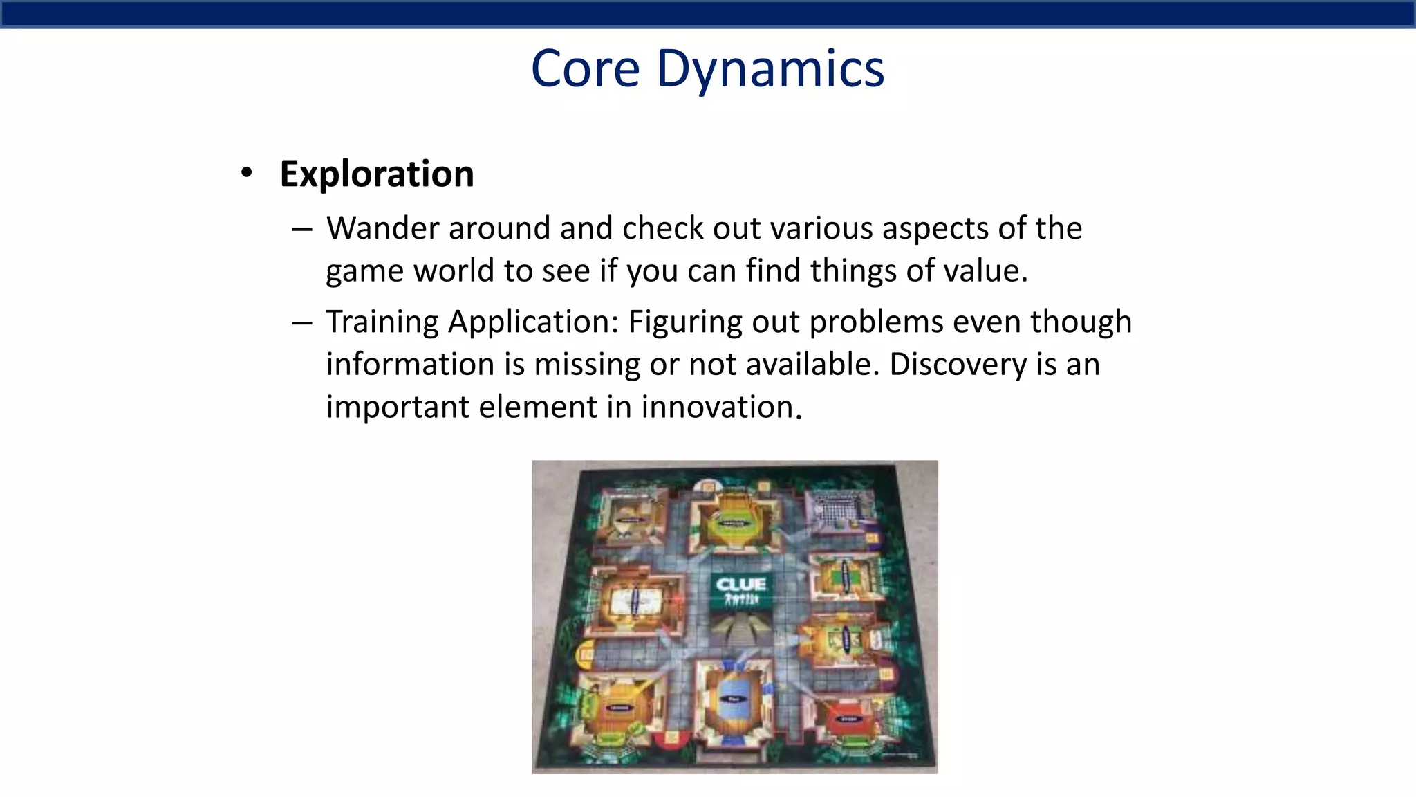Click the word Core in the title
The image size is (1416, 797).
(585, 69)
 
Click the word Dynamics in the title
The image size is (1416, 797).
(770, 69)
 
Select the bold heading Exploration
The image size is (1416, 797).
(377, 174)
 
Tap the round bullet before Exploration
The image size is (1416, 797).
(247, 173)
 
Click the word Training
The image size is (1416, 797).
(382, 322)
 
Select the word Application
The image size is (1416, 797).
(533, 322)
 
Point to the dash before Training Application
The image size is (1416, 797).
(302, 322)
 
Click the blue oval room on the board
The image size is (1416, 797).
(733, 699)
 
